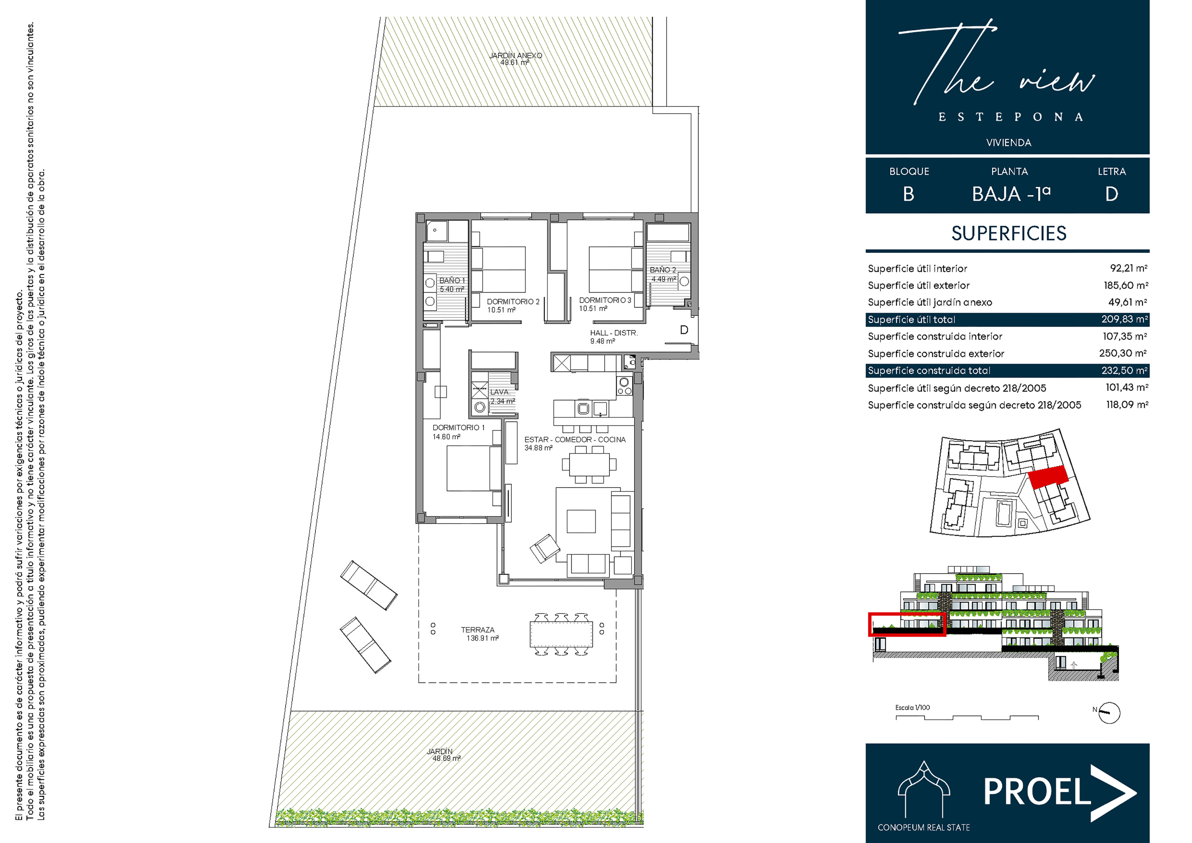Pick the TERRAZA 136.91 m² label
click(x=480, y=634)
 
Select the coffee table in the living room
click(x=581, y=521)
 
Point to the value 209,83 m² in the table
click(x=1124, y=319)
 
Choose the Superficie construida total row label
click(x=929, y=370)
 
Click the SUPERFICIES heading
click(x=1009, y=233)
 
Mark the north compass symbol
click(x=1109, y=713)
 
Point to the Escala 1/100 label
click(x=912, y=707)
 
